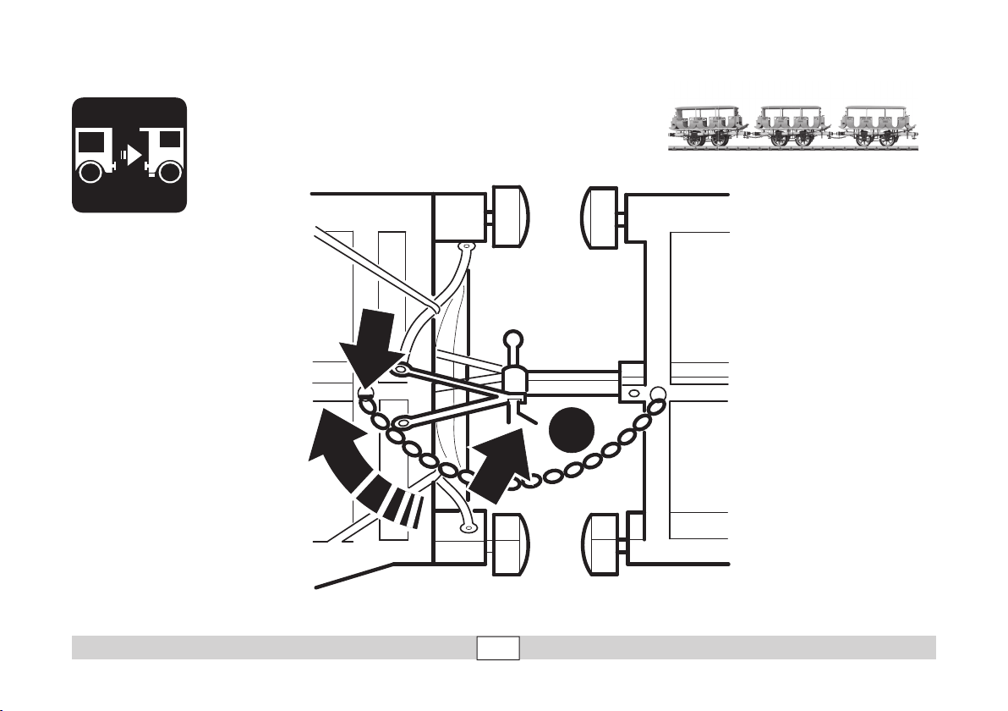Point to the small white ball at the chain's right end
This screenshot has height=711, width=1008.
(657, 393)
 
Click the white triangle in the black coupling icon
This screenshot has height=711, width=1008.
(133, 155)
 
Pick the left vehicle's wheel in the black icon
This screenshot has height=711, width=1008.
(90, 174)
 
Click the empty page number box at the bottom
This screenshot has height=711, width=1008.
(497, 648)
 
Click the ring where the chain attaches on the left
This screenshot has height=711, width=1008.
(364, 392)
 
